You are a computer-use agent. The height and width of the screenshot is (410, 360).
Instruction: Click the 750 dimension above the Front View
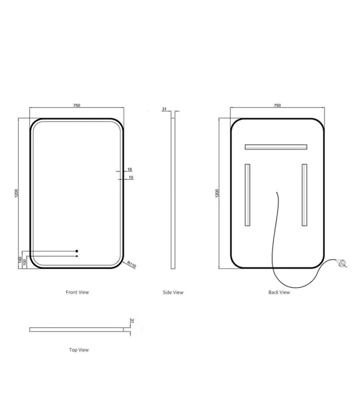pyautogui.click(x=77, y=105)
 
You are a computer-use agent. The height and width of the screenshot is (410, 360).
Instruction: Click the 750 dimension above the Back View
pyautogui.click(x=277, y=105)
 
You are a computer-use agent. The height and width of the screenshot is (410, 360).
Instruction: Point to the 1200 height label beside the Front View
pyautogui.click(x=16, y=193)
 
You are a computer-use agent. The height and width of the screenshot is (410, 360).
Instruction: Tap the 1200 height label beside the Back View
pyautogui.click(x=217, y=193)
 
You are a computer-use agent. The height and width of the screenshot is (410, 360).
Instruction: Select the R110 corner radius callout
pyautogui.click(x=132, y=265)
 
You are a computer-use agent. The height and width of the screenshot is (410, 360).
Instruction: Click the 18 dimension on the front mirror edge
pyautogui.click(x=130, y=170)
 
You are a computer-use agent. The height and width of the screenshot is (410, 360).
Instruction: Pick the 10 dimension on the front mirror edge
pyautogui.click(x=131, y=177)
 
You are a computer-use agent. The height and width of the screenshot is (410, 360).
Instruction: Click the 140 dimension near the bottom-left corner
pyautogui.click(x=20, y=260)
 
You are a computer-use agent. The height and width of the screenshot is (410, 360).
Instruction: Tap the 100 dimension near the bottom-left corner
pyautogui.click(x=25, y=262)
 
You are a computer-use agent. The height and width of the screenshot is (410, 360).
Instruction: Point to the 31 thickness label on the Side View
pyautogui.click(x=164, y=109)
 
